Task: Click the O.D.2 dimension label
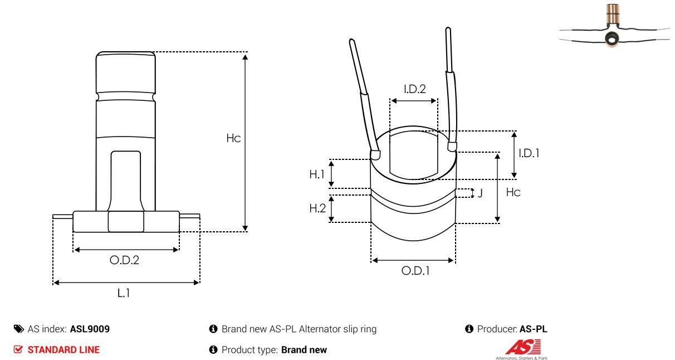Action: [124, 260]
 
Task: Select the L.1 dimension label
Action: [124, 293]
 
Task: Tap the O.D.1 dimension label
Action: [415, 271]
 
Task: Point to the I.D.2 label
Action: [414, 89]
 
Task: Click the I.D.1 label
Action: [529, 153]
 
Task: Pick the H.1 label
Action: [317, 174]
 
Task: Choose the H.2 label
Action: [317, 208]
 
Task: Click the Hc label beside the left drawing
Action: [233, 138]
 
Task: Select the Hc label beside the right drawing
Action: [513, 192]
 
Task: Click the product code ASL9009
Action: [90, 329]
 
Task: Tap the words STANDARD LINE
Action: [63, 350]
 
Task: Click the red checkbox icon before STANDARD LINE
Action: [18, 350]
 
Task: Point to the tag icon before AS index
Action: [19, 329]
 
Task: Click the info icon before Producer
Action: [469, 329]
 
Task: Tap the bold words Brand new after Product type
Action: [304, 350]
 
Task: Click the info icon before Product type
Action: [213, 350]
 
